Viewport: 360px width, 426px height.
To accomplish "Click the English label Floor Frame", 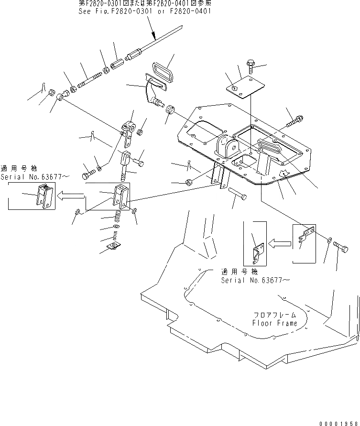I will pyautogui.click(x=274, y=323).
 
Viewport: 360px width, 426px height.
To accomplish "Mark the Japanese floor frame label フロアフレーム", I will pyautogui.click(x=275, y=315).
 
